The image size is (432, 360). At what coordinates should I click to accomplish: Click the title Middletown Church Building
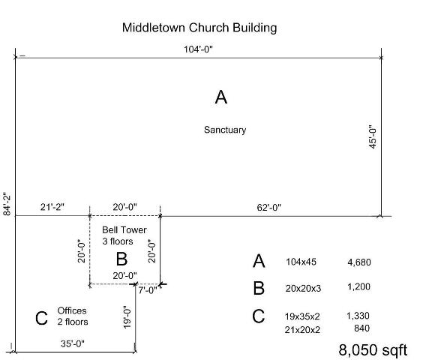click(199, 28)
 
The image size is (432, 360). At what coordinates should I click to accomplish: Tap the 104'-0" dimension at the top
click(198, 49)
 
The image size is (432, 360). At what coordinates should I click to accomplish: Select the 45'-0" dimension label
click(373, 137)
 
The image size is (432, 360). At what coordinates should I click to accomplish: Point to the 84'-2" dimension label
click(7, 204)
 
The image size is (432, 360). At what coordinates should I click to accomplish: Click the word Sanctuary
click(225, 130)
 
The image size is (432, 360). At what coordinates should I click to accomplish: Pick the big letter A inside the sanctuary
click(221, 97)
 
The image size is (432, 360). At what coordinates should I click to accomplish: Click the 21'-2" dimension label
click(52, 207)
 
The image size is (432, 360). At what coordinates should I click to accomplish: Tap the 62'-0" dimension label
click(269, 208)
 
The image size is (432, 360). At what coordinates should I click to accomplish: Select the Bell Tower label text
click(124, 229)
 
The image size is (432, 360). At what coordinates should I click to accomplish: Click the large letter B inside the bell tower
click(121, 259)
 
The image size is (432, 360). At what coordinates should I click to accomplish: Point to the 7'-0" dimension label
click(148, 290)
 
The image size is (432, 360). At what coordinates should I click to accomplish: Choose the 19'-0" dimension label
click(127, 317)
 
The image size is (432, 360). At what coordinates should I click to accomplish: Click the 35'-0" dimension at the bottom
click(73, 343)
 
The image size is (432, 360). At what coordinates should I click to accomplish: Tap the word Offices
click(72, 310)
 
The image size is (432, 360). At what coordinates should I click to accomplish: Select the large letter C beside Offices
click(41, 318)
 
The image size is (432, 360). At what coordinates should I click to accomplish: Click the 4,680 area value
click(359, 262)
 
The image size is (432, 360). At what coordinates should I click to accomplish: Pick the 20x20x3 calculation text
click(303, 289)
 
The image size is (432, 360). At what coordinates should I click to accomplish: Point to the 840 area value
click(361, 328)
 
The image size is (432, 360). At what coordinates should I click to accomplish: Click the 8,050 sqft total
click(373, 350)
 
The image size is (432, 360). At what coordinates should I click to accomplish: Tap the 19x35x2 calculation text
click(302, 316)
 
